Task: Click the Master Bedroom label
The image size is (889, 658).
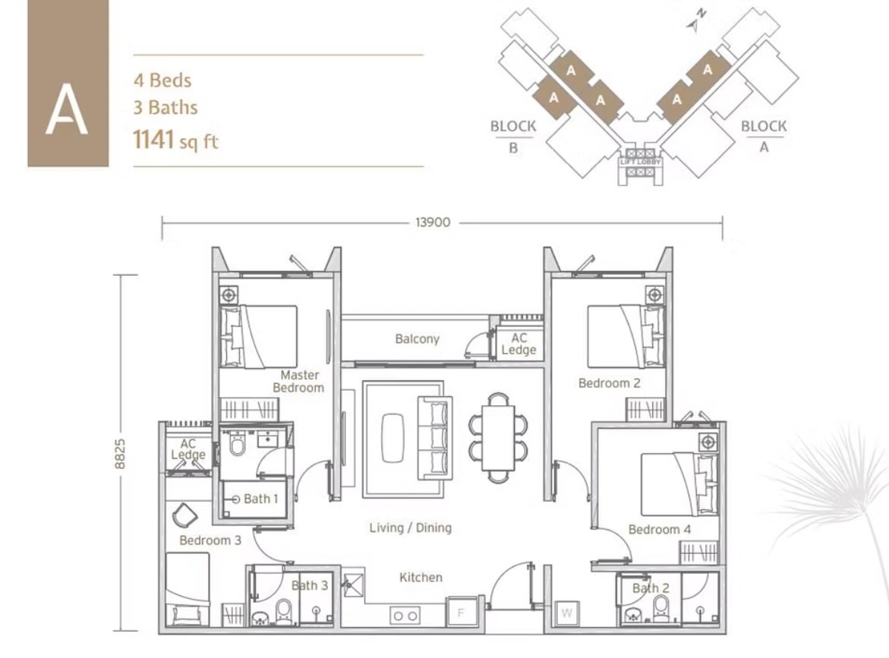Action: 299,382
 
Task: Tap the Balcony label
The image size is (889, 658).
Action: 418,339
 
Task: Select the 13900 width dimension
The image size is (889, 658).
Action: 433,222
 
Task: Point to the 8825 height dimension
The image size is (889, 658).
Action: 120,453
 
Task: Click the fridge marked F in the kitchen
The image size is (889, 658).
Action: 462,611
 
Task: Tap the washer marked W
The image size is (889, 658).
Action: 567,612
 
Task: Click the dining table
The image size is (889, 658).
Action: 498,438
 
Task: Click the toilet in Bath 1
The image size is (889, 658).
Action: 237,445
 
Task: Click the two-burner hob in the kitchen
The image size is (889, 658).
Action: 405,615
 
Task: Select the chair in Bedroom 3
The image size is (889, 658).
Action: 185,515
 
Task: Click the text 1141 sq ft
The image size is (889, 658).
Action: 175,140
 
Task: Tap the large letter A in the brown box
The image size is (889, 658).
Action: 67,109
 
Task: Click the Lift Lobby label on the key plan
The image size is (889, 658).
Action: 641,162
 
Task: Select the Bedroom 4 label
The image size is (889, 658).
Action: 660,530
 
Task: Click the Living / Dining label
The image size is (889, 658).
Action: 411,528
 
